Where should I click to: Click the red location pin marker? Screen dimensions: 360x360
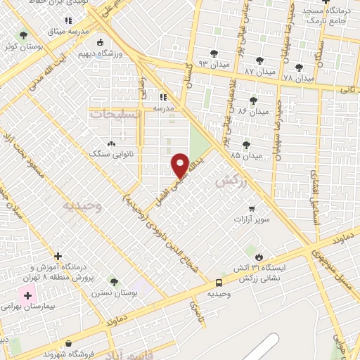click(x=181, y=165)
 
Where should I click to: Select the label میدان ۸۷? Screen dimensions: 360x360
click(x=259, y=72)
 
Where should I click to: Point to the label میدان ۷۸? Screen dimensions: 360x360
click(x=298, y=78)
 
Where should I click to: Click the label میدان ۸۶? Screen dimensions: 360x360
click(x=253, y=111)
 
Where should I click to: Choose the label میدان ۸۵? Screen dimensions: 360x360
click(x=245, y=155)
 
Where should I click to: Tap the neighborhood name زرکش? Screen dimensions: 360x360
click(x=228, y=181)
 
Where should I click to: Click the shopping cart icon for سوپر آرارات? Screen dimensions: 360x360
click(x=252, y=208)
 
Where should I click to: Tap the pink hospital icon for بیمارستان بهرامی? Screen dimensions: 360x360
click(x=27, y=297)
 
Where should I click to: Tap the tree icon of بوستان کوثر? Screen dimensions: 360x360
click(x=24, y=34)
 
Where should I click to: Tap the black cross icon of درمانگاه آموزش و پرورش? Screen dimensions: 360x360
click(x=58, y=257)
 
